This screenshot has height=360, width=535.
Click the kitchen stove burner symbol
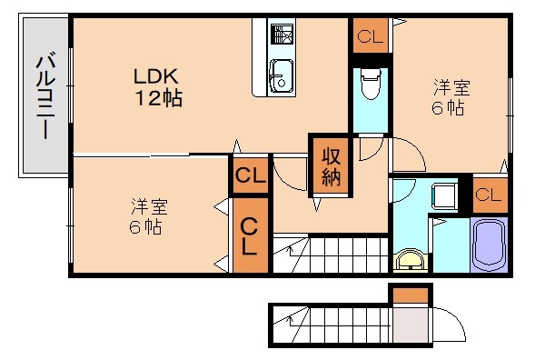(x=282, y=36)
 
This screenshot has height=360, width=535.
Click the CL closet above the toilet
(x=370, y=37)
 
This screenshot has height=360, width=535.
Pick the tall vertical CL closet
(x=250, y=235)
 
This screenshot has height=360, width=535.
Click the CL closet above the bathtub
(x=489, y=194)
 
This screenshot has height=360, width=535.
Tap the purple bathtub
(x=489, y=243)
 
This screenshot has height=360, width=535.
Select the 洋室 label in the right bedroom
(x=451, y=88)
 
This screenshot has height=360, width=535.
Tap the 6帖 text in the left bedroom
(x=145, y=226)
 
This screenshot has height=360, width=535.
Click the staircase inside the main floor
(x=332, y=252)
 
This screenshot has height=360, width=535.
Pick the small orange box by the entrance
(x=411, y=295)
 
